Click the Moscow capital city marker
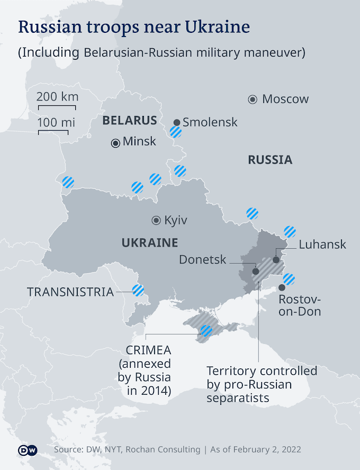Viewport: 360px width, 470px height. [x=253, y=99]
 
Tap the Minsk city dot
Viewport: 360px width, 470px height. [x=115, y=142]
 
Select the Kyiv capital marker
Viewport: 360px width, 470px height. [x=156, y=220]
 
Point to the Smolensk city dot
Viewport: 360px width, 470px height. [x=177, y=122]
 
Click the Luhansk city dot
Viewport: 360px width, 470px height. [x=276, y=260]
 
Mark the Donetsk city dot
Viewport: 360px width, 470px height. [x=256, y=271]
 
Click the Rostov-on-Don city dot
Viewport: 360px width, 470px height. [x=282, y=287]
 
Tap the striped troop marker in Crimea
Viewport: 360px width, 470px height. [x=206, y=331]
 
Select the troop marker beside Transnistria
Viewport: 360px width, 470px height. [x=138, y=290]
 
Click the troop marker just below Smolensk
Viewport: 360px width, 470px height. [x=176, y=132]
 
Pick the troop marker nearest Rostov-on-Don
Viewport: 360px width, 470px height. [x=289, y=278]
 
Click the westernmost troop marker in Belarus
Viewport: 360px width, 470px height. [x=68, y=182]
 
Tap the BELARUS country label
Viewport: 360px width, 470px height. [x=130, y=120]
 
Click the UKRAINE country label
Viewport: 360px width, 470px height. [x=149, y=243]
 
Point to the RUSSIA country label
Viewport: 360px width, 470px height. [x=270, y=160]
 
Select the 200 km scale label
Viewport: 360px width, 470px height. [x=57, y=97]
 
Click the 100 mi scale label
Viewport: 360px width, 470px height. [x=56, y=122]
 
